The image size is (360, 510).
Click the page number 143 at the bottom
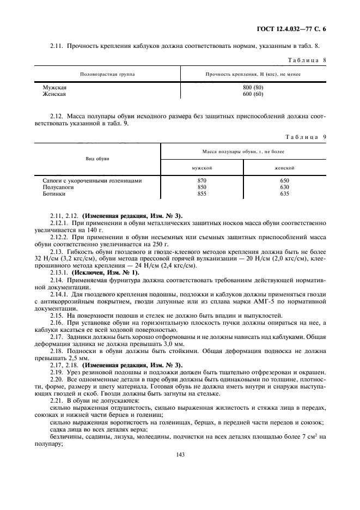[x=180, y=453]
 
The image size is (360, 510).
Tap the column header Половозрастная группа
[x=107, y=74]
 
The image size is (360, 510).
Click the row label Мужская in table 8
[x=55, y=87]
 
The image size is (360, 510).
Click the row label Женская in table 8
[x=54, y=94]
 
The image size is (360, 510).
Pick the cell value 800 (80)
[x=253, y=87]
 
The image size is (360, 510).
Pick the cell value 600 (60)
[x=253, y=94]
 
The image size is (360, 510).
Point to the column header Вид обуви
[x=97, y=159]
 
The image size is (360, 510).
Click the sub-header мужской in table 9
[x=202, y=168]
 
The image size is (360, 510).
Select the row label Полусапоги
[x=58, y=187]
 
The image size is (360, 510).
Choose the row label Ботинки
[x=54, y=193]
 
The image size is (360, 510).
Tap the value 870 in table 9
[x=202, y=180]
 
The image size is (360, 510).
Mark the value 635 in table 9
[x=284, y=193]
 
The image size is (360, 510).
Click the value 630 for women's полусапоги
[x=284, y=187]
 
